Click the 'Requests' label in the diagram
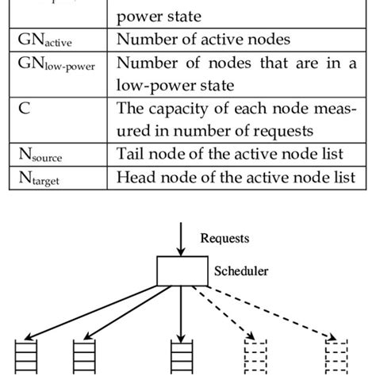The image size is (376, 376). (x=226, y=237)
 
